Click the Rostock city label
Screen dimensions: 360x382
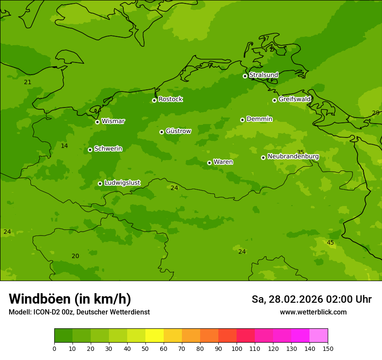170,99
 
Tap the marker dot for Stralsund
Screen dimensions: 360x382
245,76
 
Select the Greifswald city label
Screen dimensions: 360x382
294,99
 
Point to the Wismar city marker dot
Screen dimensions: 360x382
97,122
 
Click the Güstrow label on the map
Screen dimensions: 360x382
178,131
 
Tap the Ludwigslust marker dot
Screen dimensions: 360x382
100,183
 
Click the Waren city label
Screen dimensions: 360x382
223,162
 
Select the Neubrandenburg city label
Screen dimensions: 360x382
293,157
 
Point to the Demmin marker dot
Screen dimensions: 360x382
242,120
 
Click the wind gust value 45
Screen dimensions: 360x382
330,242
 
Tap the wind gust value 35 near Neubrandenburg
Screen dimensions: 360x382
300,152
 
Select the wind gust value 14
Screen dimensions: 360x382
64,146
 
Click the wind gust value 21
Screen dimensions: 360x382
28,82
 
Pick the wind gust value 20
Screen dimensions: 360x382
75,256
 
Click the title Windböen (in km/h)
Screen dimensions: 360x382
70,299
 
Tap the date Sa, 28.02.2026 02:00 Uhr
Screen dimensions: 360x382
311,299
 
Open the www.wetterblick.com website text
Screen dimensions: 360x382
313,312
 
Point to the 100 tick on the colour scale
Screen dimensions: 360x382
237,348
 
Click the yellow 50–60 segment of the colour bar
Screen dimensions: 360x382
155,335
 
